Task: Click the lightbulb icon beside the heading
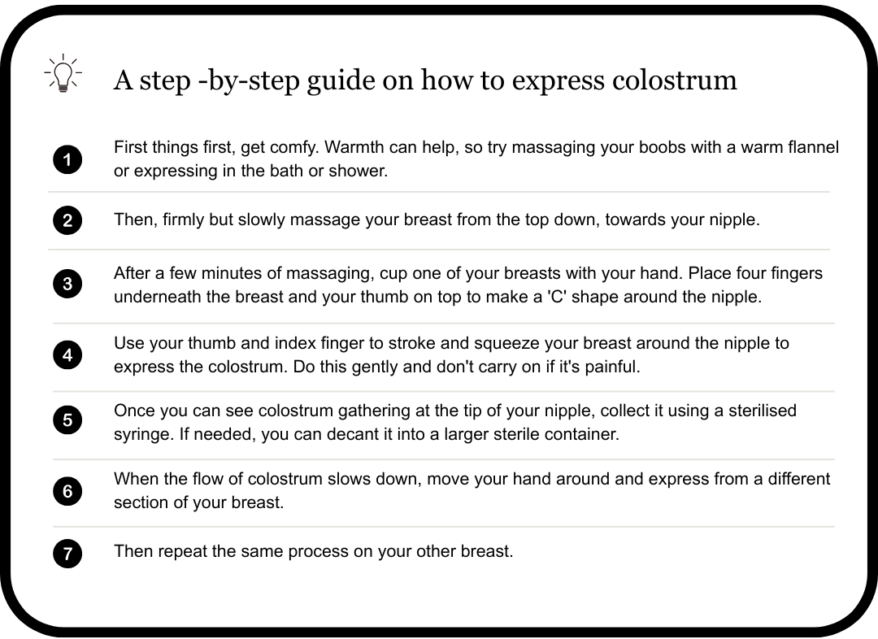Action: point(63,73)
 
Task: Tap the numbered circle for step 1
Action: point(67,159)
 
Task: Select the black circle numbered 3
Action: point(67,284)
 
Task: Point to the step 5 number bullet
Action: point(67,420)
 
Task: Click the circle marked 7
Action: point(67,554)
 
